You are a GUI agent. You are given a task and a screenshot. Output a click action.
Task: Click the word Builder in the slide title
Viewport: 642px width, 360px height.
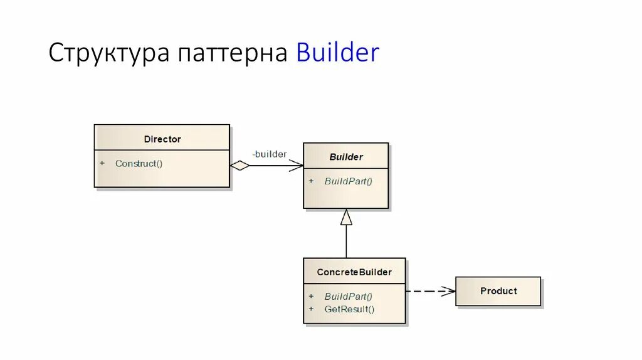(338, 53)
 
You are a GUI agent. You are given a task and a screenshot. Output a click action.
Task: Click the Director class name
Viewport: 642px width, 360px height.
(162, 139)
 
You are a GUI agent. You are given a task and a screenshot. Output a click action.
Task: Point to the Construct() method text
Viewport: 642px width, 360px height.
(139, 164)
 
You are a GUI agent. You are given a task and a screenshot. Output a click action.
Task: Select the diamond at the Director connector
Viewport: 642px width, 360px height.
(239, 166)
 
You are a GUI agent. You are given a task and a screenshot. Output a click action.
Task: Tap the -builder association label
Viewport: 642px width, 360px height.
(269, 154)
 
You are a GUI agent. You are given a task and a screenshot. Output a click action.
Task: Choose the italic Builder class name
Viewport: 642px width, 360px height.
(346, 157)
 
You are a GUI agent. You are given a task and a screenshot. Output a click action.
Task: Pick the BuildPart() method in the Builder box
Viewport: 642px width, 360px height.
(348, 181)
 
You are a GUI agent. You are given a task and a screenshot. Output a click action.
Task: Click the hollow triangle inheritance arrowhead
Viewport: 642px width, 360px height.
(346, 217)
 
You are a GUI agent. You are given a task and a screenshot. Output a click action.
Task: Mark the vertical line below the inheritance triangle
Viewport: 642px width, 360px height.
(346, 242)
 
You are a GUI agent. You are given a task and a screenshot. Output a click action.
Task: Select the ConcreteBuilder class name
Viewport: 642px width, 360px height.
(354, 272)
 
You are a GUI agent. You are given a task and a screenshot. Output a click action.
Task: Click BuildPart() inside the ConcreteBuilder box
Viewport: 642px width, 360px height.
(348, 296)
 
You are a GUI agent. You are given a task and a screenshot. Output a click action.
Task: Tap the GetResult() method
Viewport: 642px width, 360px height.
(349, 309)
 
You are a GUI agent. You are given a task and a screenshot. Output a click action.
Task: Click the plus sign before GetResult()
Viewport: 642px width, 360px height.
(310, 309)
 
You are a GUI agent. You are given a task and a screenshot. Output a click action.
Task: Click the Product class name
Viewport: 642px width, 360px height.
(498, 291)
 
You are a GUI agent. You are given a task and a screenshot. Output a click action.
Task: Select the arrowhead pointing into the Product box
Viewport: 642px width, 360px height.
(448, 291)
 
